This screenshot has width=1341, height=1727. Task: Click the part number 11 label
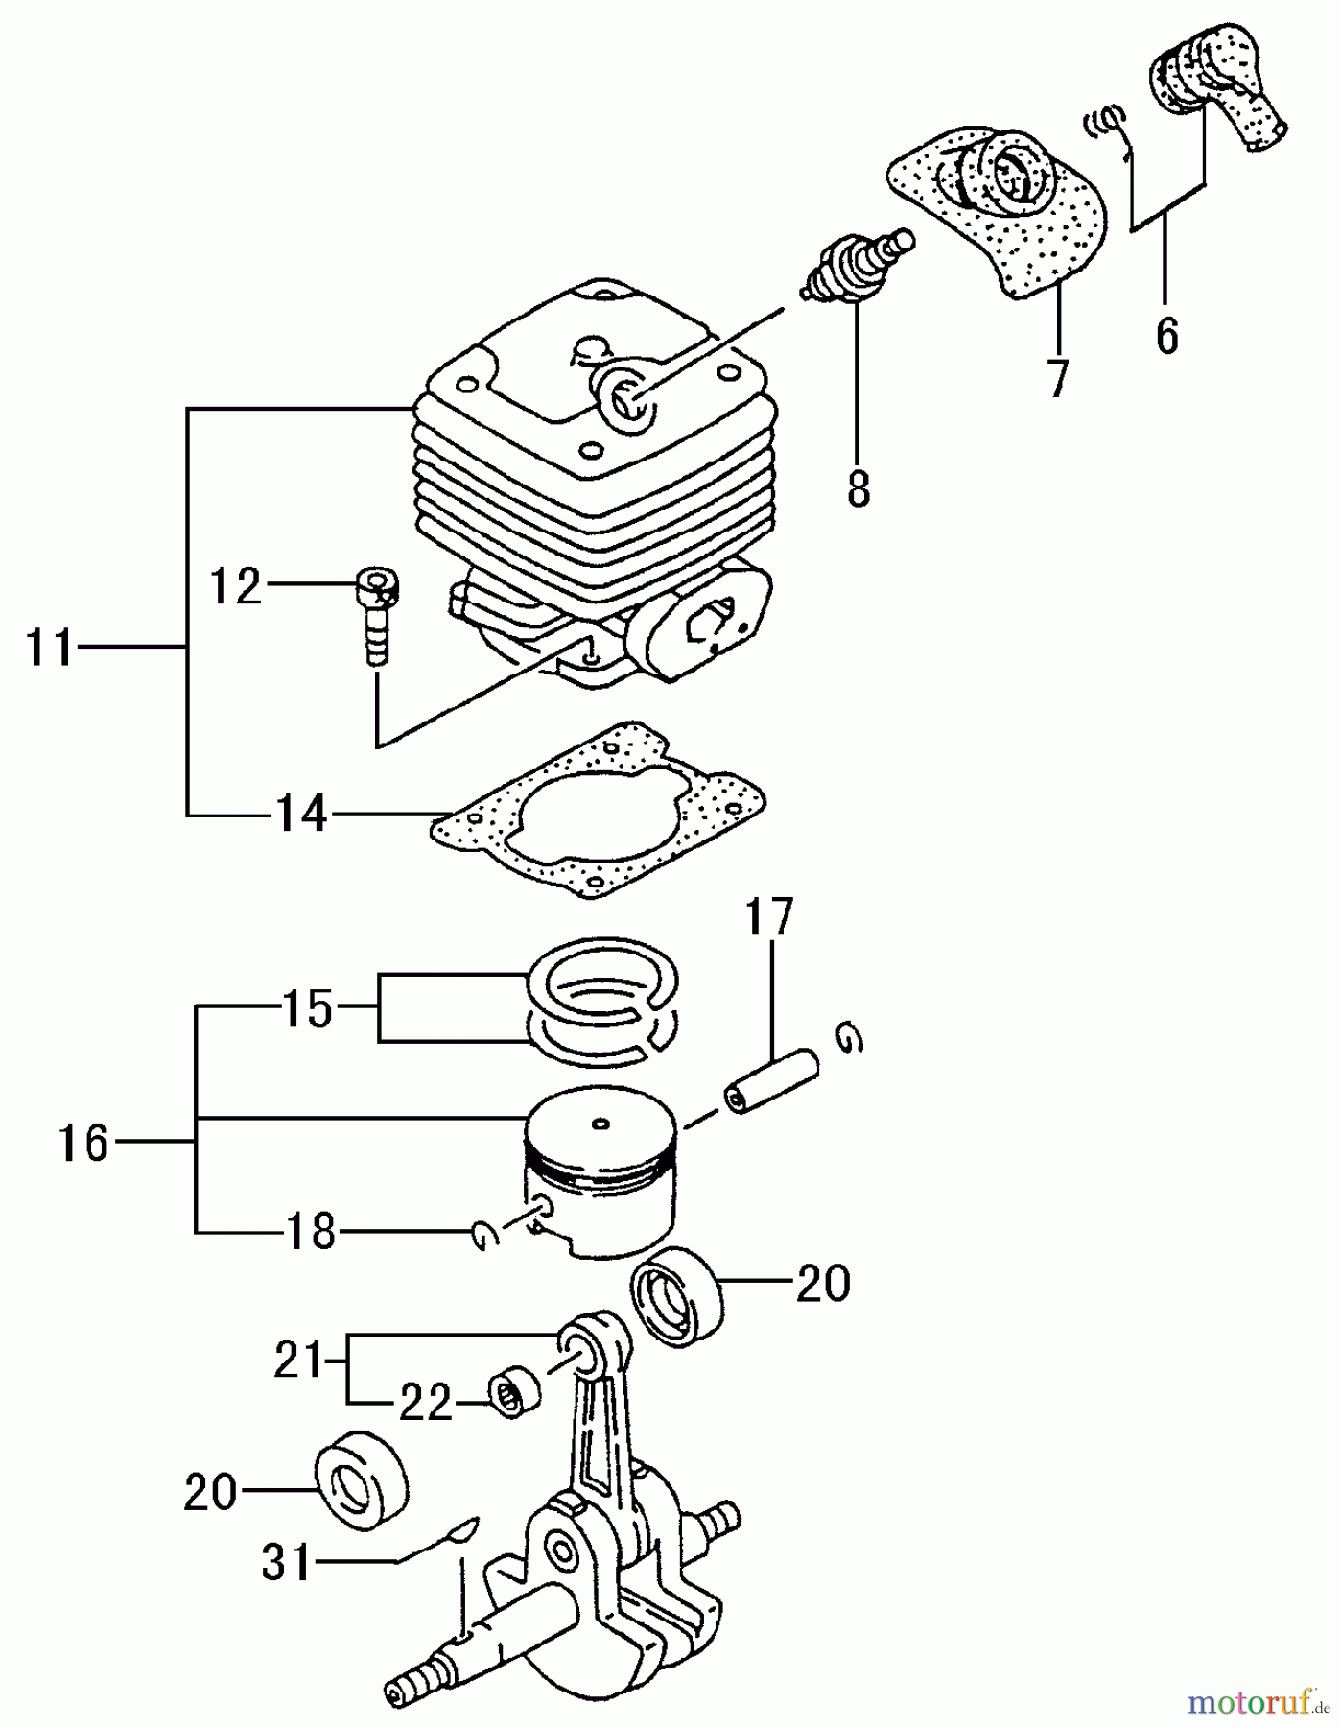coord(48,650)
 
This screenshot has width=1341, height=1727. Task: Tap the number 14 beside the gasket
coord(301,815)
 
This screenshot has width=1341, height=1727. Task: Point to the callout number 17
coord(771,917)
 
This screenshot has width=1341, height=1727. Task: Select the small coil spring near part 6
coord(1105,122)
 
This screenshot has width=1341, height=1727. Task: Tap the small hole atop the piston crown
coord(600,1123)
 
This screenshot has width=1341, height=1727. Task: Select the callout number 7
coord(1056,379)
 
